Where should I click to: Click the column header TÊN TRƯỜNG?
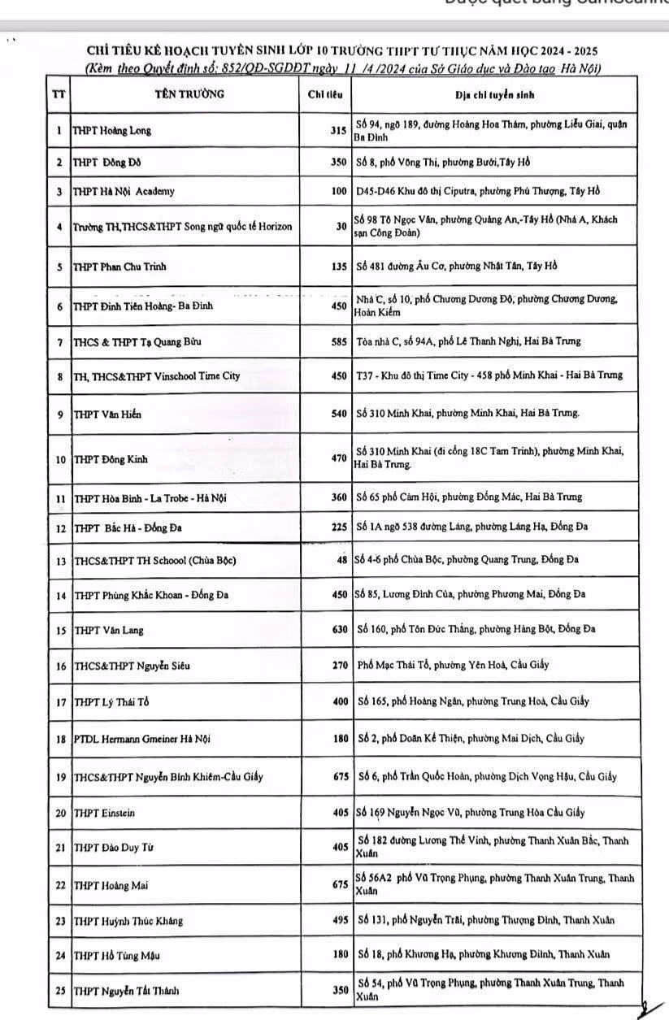(189, 93)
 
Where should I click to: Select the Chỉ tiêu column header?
(324, 94)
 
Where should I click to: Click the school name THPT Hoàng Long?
(112, 131)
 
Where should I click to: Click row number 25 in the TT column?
(59, 990)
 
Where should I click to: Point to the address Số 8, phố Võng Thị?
(443, 162)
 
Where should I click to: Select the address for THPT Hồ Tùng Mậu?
(485, 955)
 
